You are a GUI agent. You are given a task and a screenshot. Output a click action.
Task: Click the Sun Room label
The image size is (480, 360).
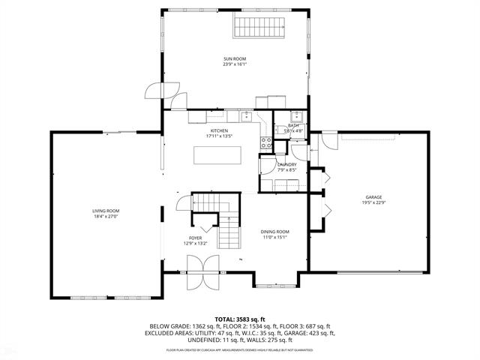coord(234,58)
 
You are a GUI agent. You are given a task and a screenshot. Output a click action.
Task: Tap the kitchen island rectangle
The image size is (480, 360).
coord(217,154)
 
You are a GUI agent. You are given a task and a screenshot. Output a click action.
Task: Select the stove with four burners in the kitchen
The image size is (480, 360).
coord(265,142)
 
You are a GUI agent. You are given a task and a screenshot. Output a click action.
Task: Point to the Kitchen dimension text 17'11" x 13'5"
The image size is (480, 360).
coord(218,136)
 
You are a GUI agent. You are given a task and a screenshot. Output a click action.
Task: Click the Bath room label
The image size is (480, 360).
coord(293,125)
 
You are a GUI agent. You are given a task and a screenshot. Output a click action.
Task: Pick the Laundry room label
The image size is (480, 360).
coord(286,164)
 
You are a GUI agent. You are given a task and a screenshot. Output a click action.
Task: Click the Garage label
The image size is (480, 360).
coord(373,196)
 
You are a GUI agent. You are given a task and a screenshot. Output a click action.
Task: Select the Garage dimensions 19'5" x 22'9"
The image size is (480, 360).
coord(373,202)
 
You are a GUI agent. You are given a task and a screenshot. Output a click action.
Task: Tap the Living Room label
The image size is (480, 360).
coord(106,211)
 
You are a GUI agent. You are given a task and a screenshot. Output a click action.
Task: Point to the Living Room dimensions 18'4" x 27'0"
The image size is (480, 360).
coord(106,217)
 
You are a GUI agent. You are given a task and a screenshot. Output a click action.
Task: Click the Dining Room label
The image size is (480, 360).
coord(275,232)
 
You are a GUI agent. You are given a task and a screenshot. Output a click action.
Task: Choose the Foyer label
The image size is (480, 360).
coord(195,238)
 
